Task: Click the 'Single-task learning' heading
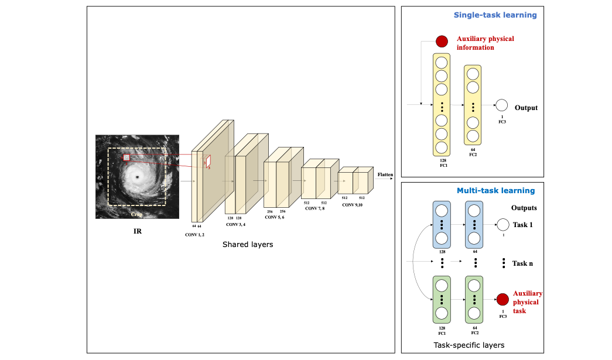coord(495,15)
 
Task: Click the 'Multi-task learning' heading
coord(495,190)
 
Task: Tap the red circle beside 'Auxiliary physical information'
coord(442,42)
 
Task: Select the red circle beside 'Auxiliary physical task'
coord(502,300)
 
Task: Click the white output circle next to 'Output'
coord(501,106)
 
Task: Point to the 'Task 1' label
coord(523,225)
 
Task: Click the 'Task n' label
coord(522,263)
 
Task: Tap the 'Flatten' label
coord(385,174)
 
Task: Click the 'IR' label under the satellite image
coord(138,231)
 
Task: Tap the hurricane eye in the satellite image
coord(138,177)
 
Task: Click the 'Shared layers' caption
coord(247,245)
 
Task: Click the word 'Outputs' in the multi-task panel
coord(524,208)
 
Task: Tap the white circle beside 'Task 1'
coord(502,225)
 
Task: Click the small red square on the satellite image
coord(126,157)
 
